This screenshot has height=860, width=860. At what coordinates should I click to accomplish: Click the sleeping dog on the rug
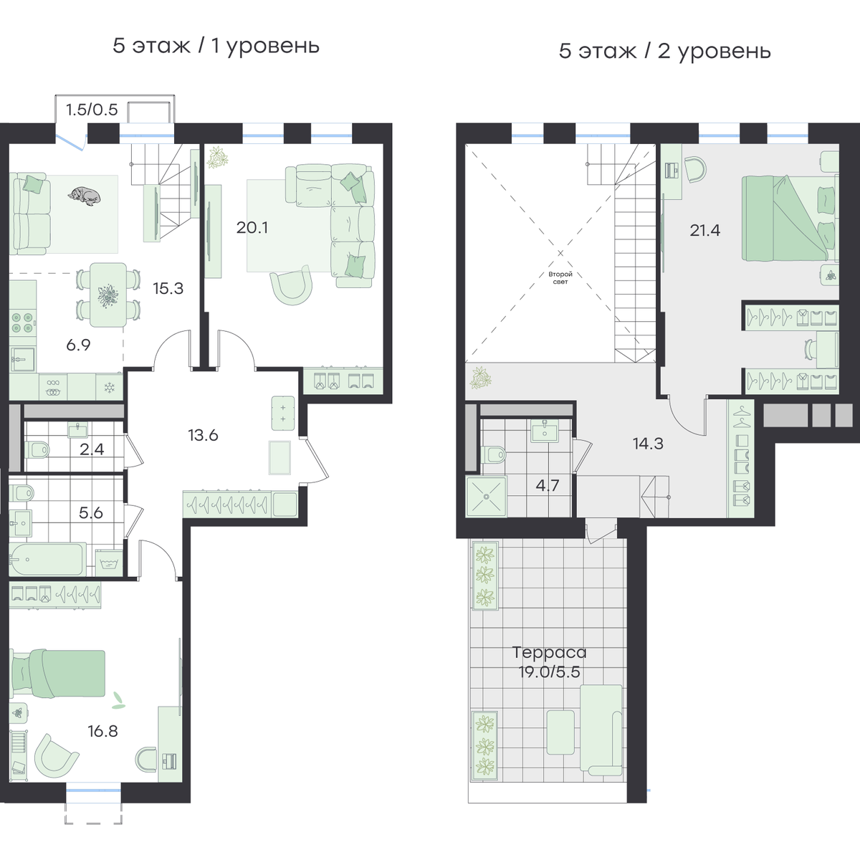pos(85,196)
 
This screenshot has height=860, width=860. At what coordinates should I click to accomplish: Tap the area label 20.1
pos(252,228)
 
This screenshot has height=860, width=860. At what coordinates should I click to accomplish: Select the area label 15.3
pos(168,289)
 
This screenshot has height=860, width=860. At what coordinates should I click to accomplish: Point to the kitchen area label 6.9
pos(79,345)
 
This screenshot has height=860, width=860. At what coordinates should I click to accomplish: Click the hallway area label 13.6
pos(203,435)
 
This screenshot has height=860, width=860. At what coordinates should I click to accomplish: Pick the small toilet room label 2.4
pos(92,449)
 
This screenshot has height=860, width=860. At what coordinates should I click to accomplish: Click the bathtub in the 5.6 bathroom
pos(47,559)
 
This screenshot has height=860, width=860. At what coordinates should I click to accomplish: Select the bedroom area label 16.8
pos(102,732)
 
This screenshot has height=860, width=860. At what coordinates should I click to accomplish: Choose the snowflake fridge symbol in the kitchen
pos(110,388)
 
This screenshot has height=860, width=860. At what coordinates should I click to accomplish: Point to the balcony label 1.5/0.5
pos(92,110)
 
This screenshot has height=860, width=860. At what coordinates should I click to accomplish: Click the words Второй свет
pos(560,278)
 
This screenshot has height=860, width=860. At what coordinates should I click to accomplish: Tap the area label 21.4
pos(705,230)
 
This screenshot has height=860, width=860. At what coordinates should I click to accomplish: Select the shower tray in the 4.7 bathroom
pos(487,497)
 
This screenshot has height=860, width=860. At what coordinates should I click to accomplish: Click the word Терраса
pos(550,652)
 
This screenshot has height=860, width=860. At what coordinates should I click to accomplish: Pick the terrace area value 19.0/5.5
pos(550,672)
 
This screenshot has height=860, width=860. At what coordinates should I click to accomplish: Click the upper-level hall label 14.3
pos(648,444)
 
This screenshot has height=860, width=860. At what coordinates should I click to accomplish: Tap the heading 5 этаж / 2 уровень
pos(665,52)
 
